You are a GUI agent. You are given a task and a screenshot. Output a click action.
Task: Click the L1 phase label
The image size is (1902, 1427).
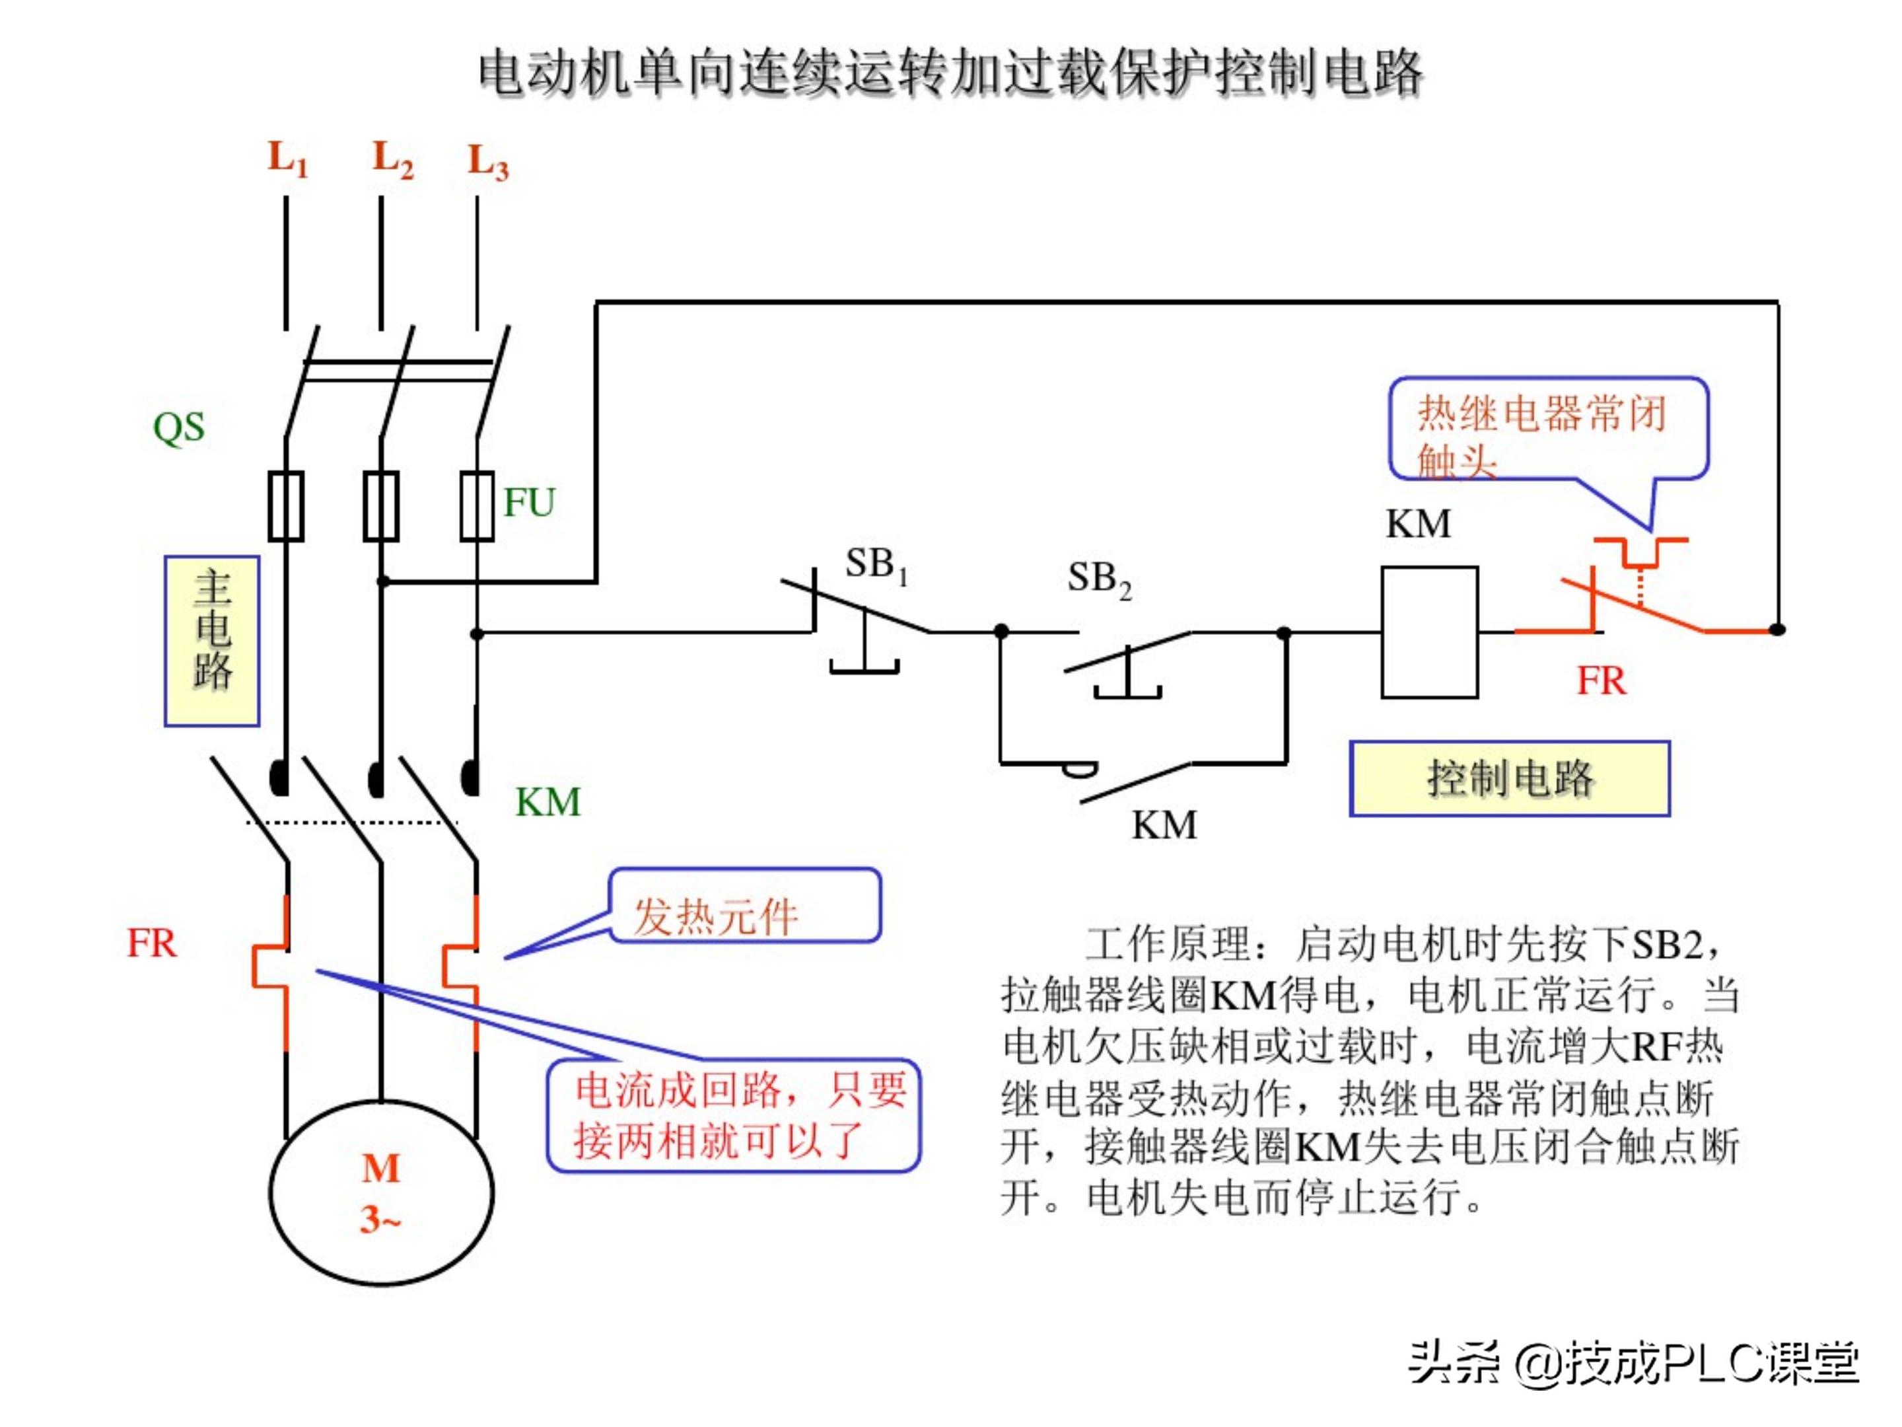point(287,159)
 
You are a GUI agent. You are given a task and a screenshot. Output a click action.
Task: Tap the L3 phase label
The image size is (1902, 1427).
point(487,163)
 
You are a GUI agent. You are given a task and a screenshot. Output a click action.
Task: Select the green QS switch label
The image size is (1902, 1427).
point(179,427)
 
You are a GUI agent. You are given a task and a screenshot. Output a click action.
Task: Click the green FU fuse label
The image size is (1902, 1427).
point(529,502)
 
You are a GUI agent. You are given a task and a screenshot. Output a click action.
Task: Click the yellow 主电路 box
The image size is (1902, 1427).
point(213,641)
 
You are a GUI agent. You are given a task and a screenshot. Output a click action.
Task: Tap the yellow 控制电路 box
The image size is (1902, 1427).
point(1509,778)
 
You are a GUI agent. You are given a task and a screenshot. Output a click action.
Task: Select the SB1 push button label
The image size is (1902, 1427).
point(875,564)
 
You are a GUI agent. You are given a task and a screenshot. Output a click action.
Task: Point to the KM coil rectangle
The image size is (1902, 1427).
point(1429,632)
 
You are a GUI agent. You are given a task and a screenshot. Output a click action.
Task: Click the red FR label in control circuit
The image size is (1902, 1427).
point(1601,681)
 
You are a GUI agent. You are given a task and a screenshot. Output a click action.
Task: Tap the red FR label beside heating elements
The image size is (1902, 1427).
point(151,943)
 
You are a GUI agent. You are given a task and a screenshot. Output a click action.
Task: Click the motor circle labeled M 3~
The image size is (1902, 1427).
point(381,1193)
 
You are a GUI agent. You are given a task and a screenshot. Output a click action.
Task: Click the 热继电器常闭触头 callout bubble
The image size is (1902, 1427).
point(1548,428)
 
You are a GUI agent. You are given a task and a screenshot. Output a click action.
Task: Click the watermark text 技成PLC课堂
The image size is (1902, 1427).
point(1711,1364)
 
